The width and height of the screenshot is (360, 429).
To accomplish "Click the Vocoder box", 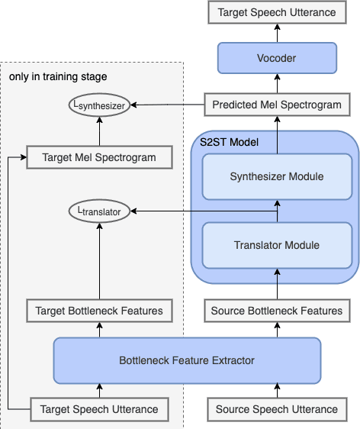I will pos(277,58).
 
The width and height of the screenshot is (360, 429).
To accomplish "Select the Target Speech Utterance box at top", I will pos(277,12).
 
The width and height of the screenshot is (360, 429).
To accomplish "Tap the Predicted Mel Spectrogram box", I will pos(277,104).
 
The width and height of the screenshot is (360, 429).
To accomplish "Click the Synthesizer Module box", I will pos(277,176).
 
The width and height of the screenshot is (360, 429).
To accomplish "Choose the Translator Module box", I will pos(277,245).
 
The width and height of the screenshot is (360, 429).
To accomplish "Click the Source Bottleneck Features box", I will pos(277,311).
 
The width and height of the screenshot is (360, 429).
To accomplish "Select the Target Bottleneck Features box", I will pos(99,311).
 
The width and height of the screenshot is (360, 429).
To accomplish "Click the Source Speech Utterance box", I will pos(277,409).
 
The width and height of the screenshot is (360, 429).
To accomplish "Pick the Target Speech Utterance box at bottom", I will pos(99,409).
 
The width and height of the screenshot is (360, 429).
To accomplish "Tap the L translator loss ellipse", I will pos(99,208).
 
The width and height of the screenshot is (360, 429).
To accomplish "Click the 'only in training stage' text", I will pos(58,76).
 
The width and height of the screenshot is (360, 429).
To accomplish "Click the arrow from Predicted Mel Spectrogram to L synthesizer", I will pos(168,104).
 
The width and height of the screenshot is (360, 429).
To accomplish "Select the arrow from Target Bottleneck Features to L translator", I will pos(99,260).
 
